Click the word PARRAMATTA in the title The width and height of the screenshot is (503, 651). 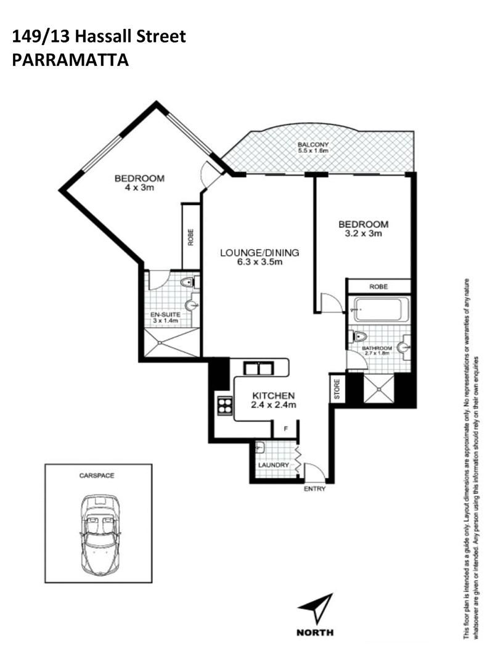coord(70,60)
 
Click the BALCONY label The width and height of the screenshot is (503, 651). coord(313,144)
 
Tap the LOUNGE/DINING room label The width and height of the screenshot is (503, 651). coord(260,252)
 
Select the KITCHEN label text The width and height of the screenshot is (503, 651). coord(274,396)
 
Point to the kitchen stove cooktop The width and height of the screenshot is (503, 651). coord(225,406)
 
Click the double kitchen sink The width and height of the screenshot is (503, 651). coord(258,369)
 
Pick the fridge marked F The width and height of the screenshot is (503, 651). coord(285,429)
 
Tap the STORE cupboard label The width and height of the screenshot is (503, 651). coord(337,389)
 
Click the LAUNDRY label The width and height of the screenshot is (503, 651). coord(273,465)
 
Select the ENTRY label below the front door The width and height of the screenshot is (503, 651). coord(314,489)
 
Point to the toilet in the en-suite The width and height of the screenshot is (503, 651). coord(189,283)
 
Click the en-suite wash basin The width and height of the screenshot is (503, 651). coord(192,305)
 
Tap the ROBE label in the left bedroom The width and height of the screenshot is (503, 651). coord(190,237)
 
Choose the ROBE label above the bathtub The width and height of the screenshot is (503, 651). coord(378,287)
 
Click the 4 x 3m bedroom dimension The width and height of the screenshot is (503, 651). coord(139,187)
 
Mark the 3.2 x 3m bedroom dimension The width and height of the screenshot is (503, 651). coord(363,234)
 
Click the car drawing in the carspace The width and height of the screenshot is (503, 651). coord(101,536)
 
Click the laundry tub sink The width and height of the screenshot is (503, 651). coord(260,447)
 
